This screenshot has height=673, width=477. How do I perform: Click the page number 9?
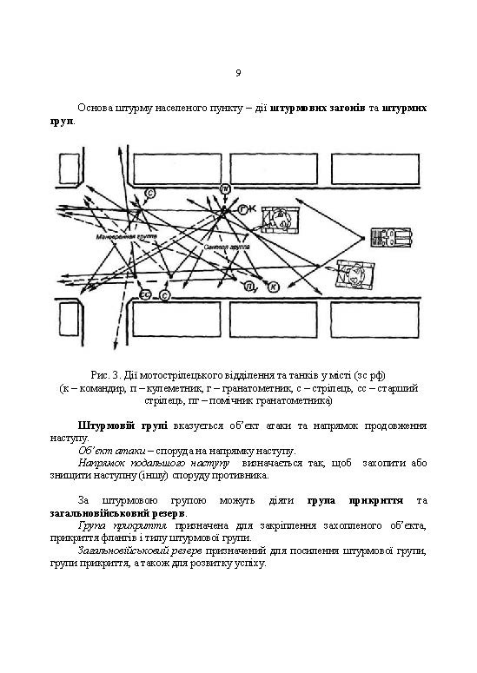(238, 72)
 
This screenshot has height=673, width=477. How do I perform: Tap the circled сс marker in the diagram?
(145, 296)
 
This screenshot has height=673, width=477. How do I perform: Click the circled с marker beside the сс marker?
(164, 296)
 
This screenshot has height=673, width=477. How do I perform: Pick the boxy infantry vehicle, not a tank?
(388, 239)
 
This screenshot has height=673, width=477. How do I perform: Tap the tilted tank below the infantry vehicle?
(354, 277)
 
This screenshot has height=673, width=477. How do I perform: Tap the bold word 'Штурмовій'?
(107, 426)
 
